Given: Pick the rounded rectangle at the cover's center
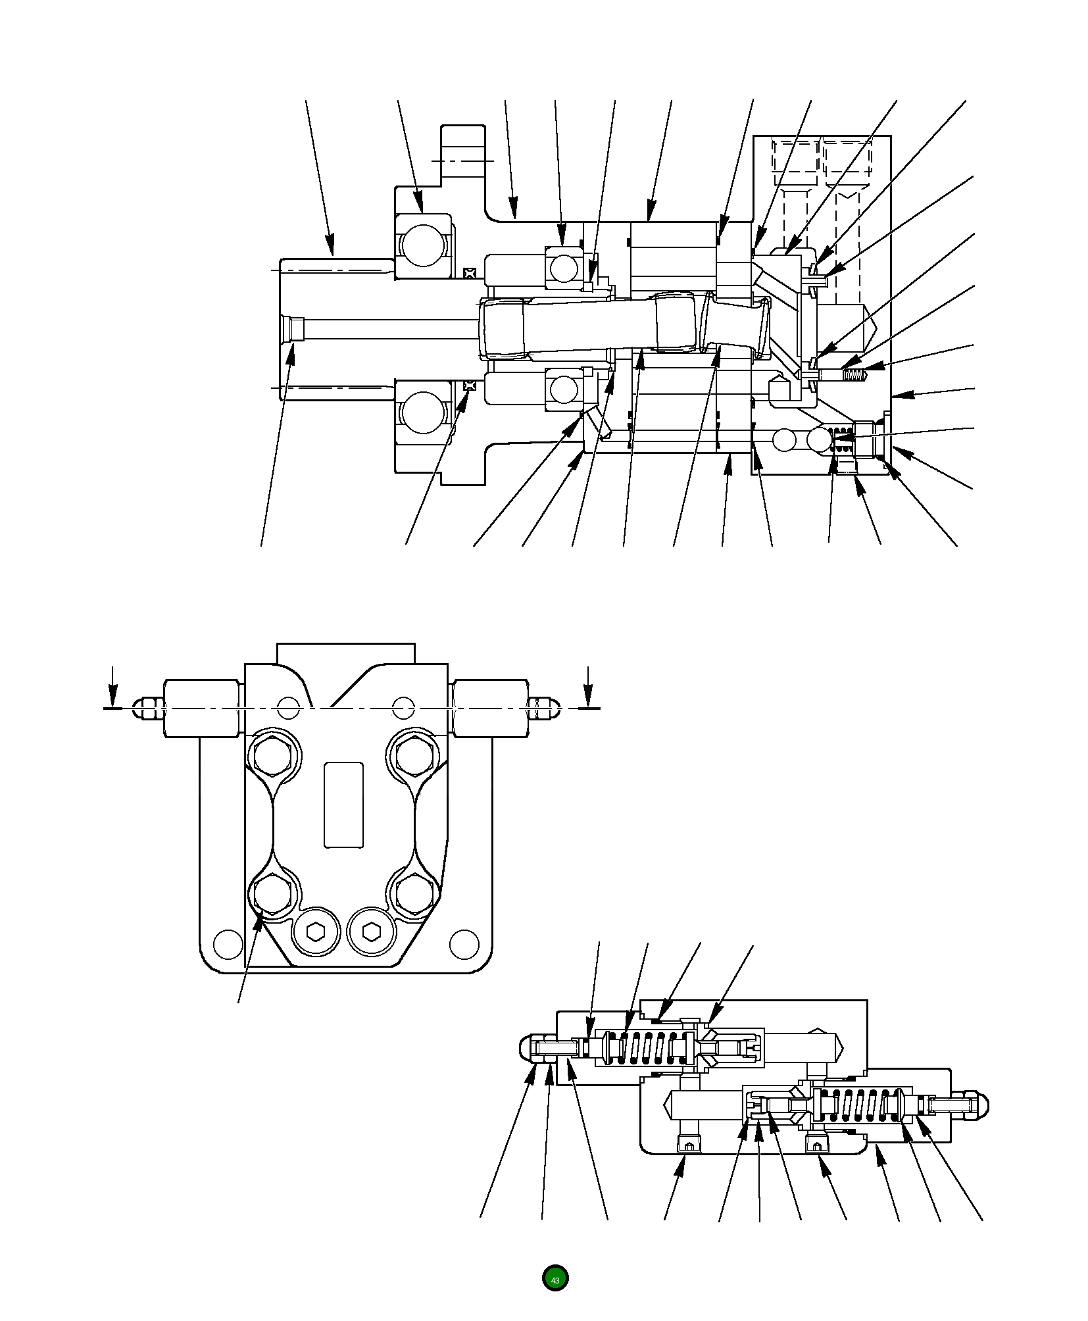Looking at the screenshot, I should [343, 805].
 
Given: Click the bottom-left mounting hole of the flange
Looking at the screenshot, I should [228, 943].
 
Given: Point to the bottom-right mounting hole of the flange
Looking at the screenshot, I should [464, 943].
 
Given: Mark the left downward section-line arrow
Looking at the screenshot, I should [113, 687].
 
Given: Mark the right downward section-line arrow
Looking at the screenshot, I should [587, 687].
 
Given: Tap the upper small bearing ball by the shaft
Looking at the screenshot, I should [564, 268].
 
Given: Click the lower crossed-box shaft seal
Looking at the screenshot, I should [469, 385].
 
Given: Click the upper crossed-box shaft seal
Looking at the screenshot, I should [469, 272].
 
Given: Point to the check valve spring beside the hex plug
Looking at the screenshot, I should [843, 439].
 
